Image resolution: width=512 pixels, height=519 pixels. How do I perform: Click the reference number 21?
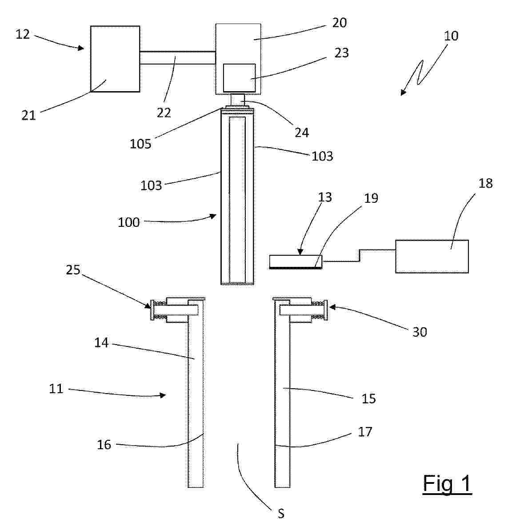[x=28, y=115]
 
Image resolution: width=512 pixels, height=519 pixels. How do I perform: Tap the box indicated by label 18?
[x=432, y=257]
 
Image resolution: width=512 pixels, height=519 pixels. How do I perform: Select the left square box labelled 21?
[x=115, y=59]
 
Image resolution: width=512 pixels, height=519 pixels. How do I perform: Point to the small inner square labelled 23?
[x=240, y=78]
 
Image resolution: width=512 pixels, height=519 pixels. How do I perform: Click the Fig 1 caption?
[x=447, y=483]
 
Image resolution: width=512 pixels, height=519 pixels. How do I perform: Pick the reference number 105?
[x=140, y=144]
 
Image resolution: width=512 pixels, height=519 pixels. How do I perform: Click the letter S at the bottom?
[x=281, y=513]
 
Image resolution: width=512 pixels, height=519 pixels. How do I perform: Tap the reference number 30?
[x=420, y=332]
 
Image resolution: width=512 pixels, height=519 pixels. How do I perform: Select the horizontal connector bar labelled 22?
[x=178, y=58]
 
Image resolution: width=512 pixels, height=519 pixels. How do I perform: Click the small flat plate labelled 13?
[x=296, y=262]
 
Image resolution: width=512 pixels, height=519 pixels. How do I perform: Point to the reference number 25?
[x=73, y=270]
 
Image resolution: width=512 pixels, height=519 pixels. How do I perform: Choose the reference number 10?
[x=451, y=36]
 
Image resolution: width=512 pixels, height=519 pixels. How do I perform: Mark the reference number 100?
[x=128, y=222]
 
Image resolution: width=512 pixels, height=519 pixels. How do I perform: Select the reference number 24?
[x=302, y=133]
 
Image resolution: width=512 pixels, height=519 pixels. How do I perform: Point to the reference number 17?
[x=365, y=432]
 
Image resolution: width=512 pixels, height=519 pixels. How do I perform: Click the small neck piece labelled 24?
[x=238, y=100]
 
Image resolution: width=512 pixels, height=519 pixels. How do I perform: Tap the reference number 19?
[x=371, y=198]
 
